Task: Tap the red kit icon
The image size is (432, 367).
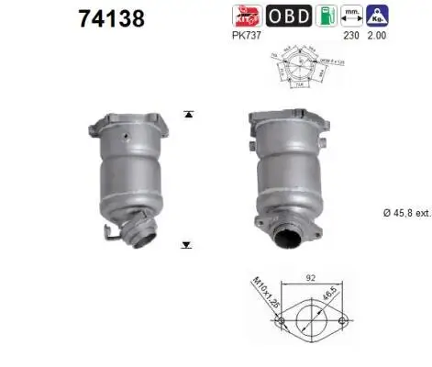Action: coord(248,16)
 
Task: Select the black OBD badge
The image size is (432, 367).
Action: coord(288,16)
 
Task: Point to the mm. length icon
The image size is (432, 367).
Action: coord(351,16)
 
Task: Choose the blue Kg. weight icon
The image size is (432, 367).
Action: coord(376,16)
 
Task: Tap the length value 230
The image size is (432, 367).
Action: coord(350,38)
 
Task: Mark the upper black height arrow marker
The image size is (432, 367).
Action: coord(188,115)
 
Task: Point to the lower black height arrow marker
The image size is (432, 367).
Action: coord(188,245)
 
